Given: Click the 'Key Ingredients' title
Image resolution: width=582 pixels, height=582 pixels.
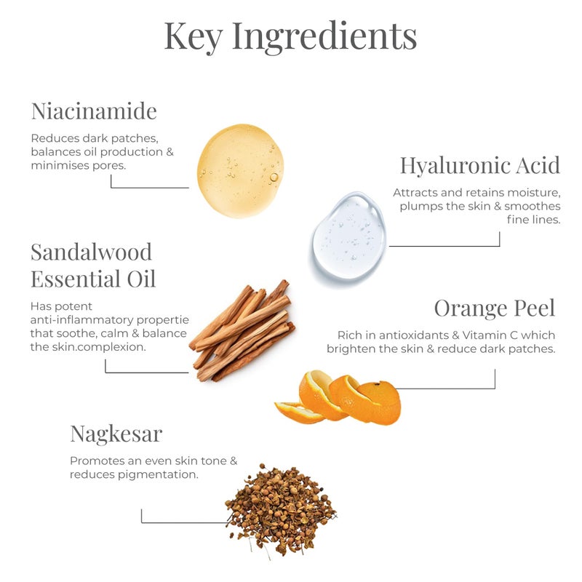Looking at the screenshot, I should coord(290,36).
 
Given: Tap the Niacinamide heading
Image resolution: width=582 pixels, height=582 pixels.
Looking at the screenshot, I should coord(94,111).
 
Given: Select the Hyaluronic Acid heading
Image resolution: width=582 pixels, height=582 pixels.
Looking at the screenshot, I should coord(480,165).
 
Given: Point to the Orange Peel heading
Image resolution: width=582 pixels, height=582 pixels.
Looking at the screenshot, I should coord(495,308).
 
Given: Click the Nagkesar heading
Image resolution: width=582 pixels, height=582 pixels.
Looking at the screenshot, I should coord(116,434).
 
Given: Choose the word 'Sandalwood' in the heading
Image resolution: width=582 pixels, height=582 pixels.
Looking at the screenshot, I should coord(91,252).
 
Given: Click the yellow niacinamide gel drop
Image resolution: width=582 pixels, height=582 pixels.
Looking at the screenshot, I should coord(240,171).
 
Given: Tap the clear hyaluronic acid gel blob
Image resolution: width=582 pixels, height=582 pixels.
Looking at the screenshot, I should coord(349,236).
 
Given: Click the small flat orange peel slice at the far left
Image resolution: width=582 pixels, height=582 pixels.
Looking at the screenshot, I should coord(298,413).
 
